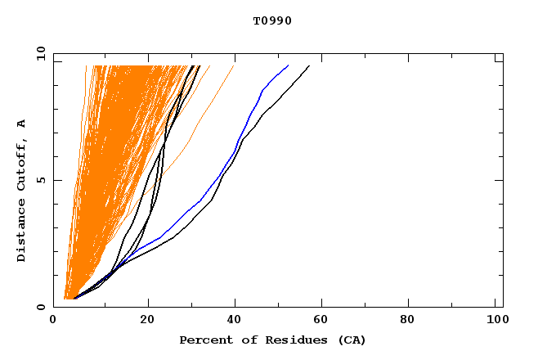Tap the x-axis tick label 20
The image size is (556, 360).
click(x=148, y=320)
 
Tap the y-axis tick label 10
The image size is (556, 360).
click(x=40, y=54)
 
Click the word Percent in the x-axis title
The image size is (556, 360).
click(x=203, y=340)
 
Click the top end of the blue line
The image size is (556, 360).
click(x=289, y=65)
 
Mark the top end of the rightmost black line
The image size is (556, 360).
click(x=309, y=65)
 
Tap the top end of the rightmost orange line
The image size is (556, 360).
click(x=234, y=65)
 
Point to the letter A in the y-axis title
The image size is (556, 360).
click(x=22, y=124)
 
